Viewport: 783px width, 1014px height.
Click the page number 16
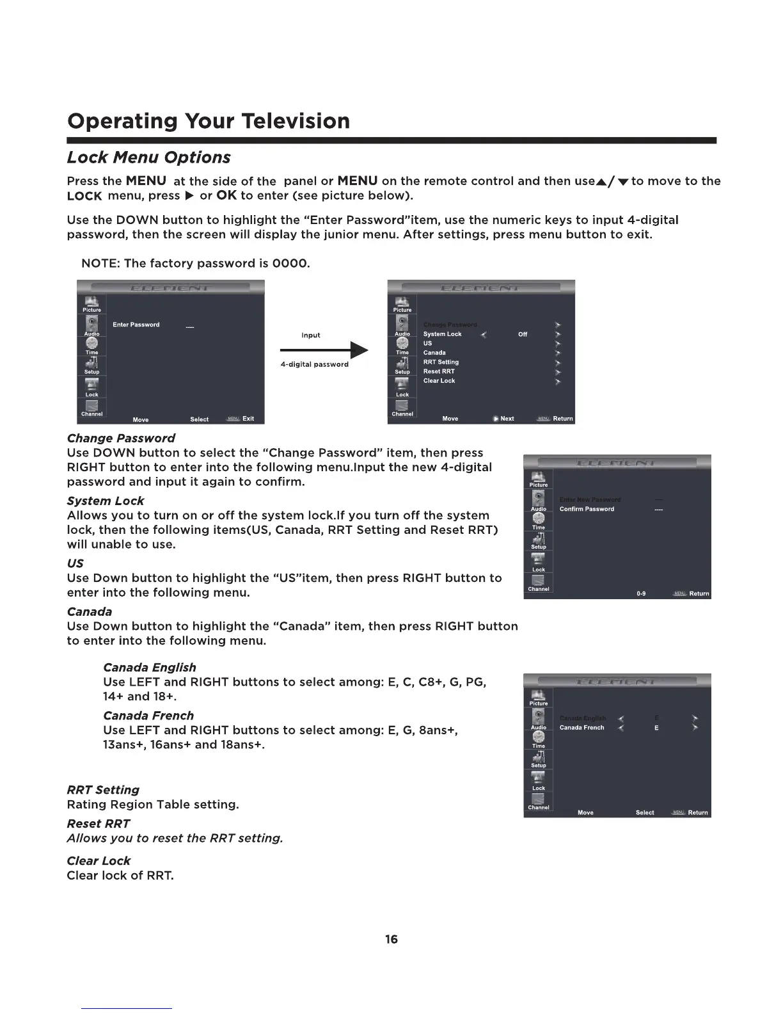tap(391, 939)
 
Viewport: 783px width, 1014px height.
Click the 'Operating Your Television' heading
tap(209, 121)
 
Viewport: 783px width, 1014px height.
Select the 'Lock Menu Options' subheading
tap(148, 157)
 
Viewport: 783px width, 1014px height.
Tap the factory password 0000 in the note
tap(293, 264)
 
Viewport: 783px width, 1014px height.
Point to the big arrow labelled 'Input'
tap(324, 350)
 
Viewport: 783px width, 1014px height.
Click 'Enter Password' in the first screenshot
tap(136, 325)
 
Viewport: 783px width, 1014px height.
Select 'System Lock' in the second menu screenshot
tap(442, 334)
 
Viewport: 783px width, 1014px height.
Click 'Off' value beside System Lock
tap(523, 334)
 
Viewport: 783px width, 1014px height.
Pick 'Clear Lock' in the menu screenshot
tap(439, 381)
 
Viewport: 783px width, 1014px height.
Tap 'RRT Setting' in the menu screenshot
tap(441, 362)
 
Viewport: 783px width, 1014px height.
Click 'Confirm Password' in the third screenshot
tap(587, 510)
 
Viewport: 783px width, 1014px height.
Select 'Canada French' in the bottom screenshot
tap(581, 728)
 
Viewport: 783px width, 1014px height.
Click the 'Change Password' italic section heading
tap(121, 439)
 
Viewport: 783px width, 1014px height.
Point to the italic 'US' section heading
tap(75, 563)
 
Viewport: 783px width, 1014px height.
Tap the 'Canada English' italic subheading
tap(150, 668)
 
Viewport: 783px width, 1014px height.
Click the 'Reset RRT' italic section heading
tap(98, 824)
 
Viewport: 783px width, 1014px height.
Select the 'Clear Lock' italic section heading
tap(99, 861)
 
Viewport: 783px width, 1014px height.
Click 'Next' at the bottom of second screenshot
tap(507, 419)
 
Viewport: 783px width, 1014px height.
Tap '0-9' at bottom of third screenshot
tap(641, 594)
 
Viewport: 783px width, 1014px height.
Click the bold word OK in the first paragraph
tap(226, 195)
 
